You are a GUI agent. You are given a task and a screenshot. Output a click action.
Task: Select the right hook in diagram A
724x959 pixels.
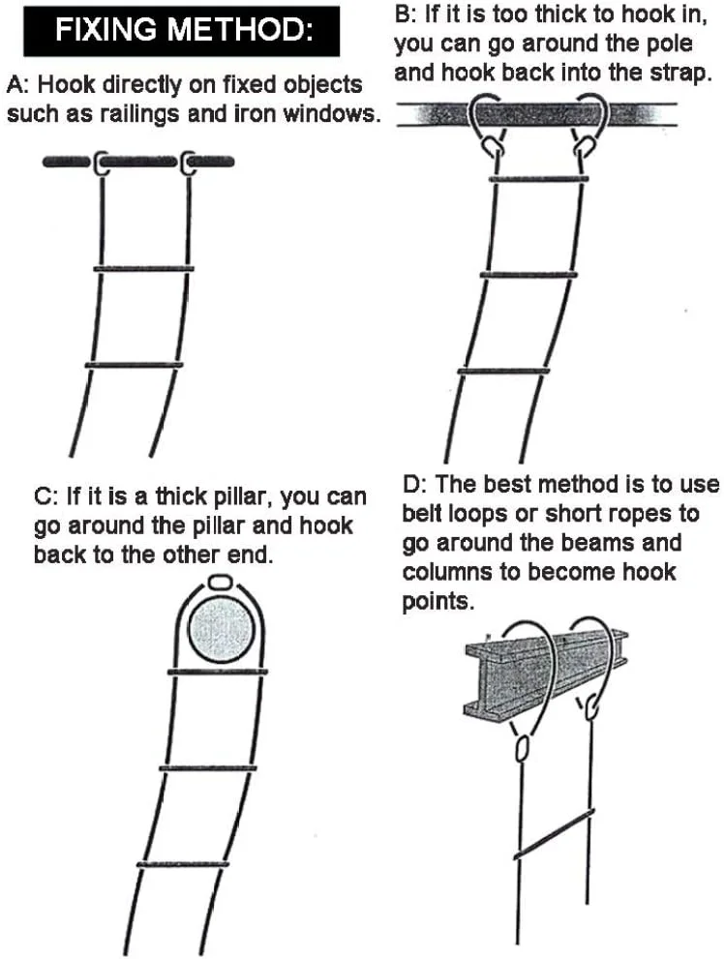click(x=187, y=164)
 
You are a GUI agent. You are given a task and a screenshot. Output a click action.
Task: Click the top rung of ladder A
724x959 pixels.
click(x=143, y=268)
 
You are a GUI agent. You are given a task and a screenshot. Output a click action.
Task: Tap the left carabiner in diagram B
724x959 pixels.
click(x=495, y=147)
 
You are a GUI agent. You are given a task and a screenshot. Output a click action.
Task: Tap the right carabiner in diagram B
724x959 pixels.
click(x=582, y=147)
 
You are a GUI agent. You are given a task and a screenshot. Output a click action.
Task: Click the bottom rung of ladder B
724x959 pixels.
click(x=503, y=372)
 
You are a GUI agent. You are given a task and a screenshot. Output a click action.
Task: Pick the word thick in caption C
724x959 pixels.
click(x=184, y=498)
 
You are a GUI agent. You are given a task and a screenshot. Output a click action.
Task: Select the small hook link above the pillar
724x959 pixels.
click(x=220, y=584)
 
